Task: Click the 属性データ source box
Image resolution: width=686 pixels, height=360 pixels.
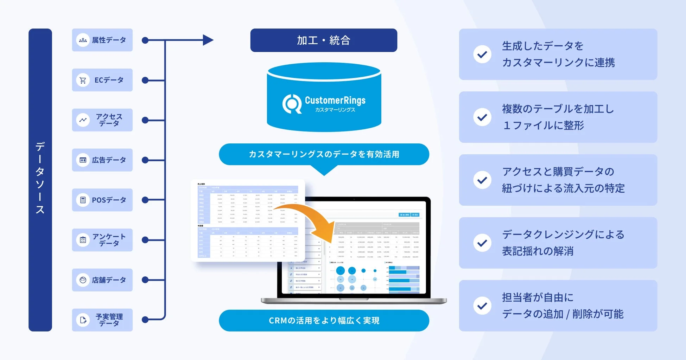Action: [102, 40]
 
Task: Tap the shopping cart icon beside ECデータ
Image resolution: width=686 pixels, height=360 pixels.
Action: [83, 80]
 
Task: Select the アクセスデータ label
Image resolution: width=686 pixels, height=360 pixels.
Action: [109, 120]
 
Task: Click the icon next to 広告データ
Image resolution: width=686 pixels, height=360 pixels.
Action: [83, 160]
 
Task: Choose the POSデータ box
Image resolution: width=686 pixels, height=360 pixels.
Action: [102, 200]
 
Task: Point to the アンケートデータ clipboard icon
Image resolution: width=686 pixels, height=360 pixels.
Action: [83, 240]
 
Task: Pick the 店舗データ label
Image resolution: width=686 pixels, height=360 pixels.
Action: [109, 280]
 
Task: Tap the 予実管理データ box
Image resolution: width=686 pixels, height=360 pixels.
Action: [102, 320]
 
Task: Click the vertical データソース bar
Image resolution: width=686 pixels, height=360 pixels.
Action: [40, 180]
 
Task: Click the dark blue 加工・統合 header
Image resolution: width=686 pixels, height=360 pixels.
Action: [324, 40]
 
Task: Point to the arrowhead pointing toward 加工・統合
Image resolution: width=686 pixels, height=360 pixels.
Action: [208, 40]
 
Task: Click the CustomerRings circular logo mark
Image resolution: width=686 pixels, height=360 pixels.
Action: [292, 104]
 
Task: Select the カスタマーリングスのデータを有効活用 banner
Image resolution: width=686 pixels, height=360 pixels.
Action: [324, 154]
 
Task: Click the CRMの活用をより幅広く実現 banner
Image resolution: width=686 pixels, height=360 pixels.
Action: [324, 320]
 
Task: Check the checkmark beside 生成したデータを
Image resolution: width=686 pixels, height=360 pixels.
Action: [482, 54]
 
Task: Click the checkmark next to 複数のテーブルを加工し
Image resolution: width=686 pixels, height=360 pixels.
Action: [482, 117]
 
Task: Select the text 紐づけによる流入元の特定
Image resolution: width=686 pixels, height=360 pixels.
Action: [563, 188]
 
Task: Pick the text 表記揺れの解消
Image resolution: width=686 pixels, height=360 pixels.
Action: [538, 251]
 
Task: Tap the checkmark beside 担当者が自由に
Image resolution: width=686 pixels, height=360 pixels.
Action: [482, 306]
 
